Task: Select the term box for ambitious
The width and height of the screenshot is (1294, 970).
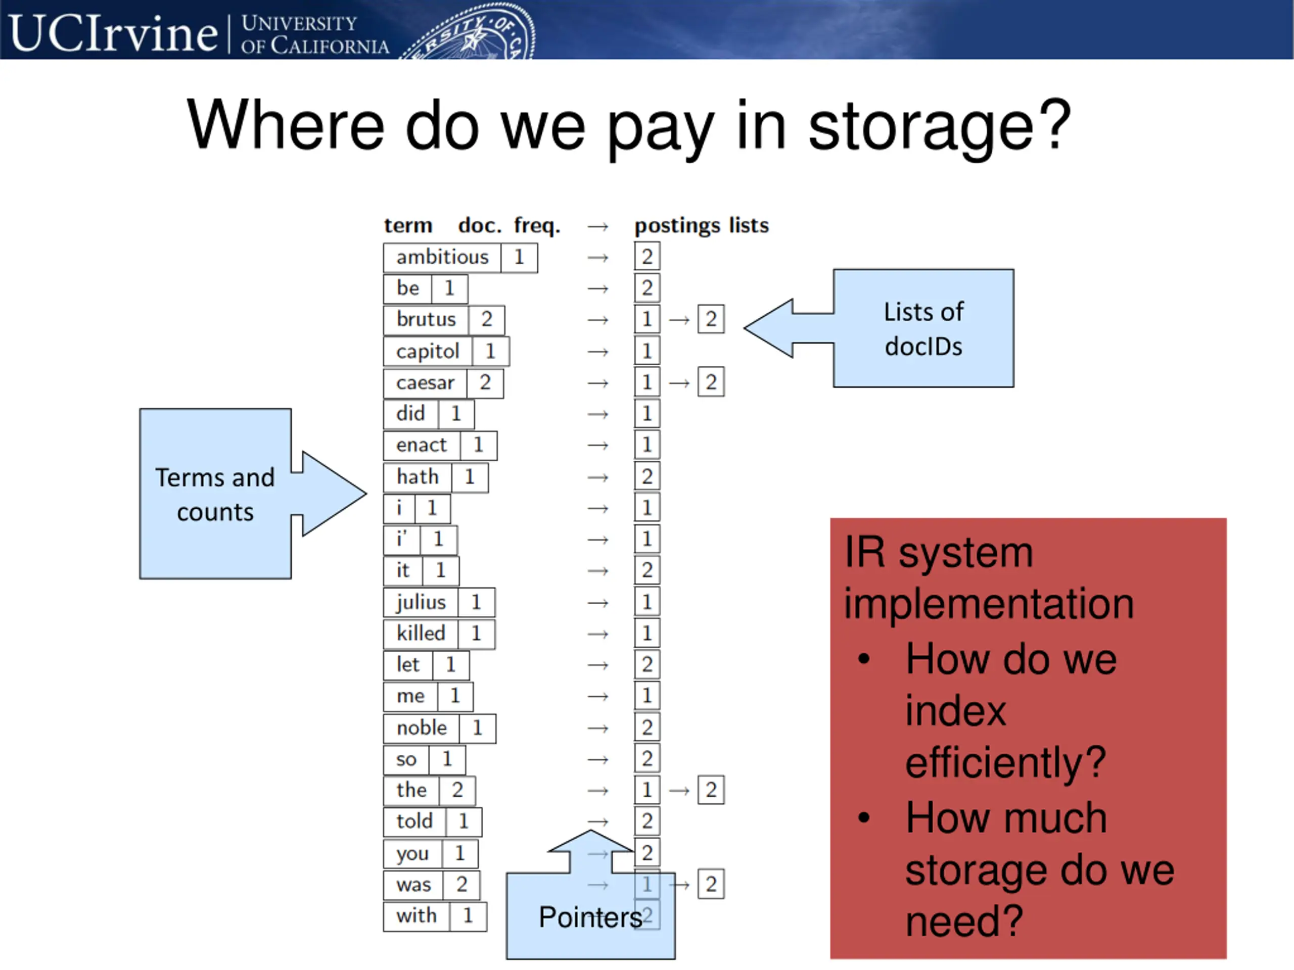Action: point(442,257)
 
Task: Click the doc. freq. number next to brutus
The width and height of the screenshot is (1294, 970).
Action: point(487,319)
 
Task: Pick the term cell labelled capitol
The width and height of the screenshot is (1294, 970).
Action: point(428,352)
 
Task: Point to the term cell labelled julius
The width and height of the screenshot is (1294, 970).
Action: point(421,602)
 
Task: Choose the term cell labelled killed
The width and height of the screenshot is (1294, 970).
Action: point(421,633)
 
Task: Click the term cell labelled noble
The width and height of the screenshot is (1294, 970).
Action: point(421,728)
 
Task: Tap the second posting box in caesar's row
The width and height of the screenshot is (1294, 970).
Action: point(711,382)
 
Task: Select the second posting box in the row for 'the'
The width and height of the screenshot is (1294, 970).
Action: point(711,790)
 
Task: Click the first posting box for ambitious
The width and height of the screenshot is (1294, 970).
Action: point(647,257)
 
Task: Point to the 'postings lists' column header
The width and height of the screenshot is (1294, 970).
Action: point(702,226)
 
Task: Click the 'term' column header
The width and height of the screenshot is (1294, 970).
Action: point(408,226)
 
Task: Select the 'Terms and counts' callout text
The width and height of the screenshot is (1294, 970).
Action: point(215,495)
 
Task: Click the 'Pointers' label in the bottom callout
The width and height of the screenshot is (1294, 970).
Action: point(590,917)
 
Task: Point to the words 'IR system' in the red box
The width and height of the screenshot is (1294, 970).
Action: point(938,553)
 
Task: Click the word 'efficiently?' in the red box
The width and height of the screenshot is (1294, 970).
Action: point(1005,762)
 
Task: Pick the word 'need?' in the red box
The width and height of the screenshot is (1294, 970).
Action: point(963,921)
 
